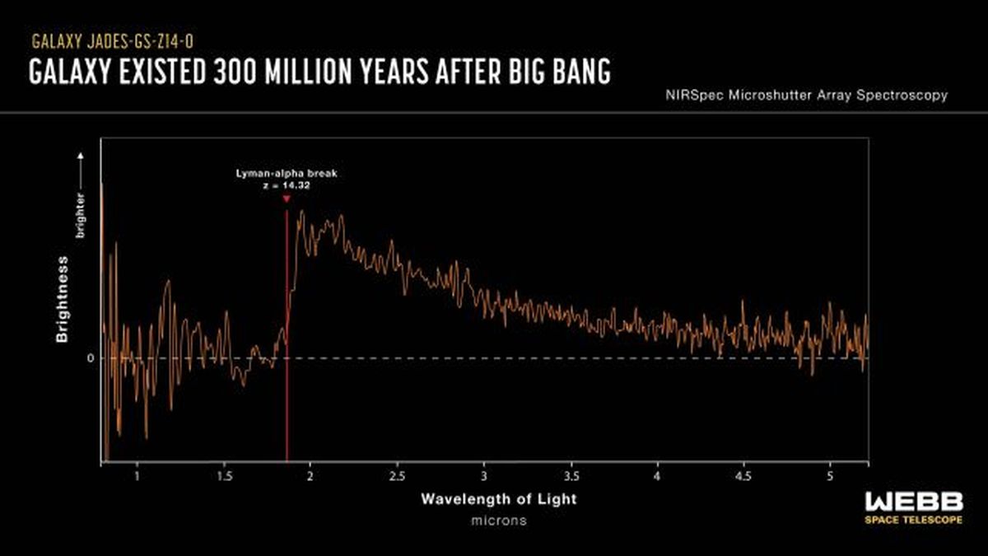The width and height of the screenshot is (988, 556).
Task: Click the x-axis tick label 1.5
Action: [224, 476]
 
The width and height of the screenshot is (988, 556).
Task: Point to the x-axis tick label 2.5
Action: [397, 476]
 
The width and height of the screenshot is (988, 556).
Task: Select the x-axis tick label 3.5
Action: [571, 476]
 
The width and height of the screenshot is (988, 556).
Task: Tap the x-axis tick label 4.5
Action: [743, 476]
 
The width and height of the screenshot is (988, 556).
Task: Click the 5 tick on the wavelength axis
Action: [830, 476]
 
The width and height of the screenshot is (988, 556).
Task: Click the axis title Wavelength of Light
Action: [499, 499]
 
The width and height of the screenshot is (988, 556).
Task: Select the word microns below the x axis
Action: [499, 521]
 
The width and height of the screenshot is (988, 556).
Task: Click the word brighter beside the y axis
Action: [81, 215]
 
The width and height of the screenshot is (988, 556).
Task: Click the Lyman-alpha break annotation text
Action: [285, 175]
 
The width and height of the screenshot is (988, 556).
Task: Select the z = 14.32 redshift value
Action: [285, 186]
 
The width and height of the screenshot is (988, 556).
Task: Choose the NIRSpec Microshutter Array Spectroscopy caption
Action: [806, 96]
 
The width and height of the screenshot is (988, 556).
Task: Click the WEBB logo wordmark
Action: [914, 502]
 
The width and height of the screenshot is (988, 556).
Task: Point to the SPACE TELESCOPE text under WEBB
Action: [914, 521]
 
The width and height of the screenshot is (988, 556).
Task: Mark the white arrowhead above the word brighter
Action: [81, 154]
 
